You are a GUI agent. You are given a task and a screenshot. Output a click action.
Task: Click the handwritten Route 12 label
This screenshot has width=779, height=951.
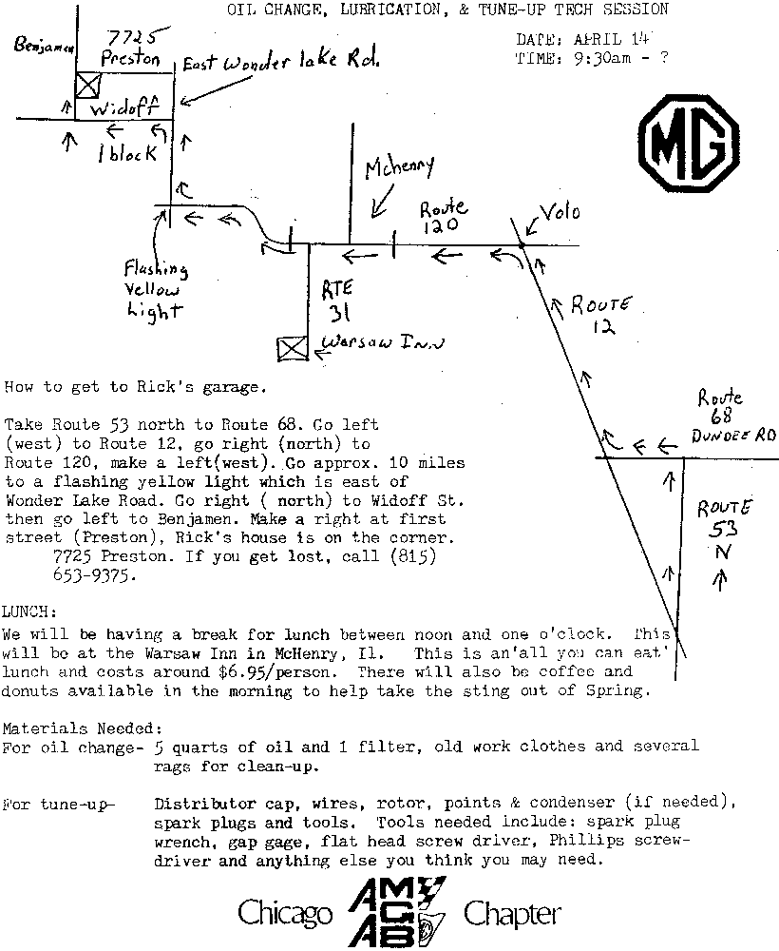(601, 315)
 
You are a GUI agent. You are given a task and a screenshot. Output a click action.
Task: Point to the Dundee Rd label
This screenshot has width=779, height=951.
(734, 436)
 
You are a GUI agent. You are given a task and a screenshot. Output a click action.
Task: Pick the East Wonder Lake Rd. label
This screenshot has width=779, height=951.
(280, 63)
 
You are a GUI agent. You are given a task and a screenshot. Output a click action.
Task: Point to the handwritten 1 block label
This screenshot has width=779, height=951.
(126, 153)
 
